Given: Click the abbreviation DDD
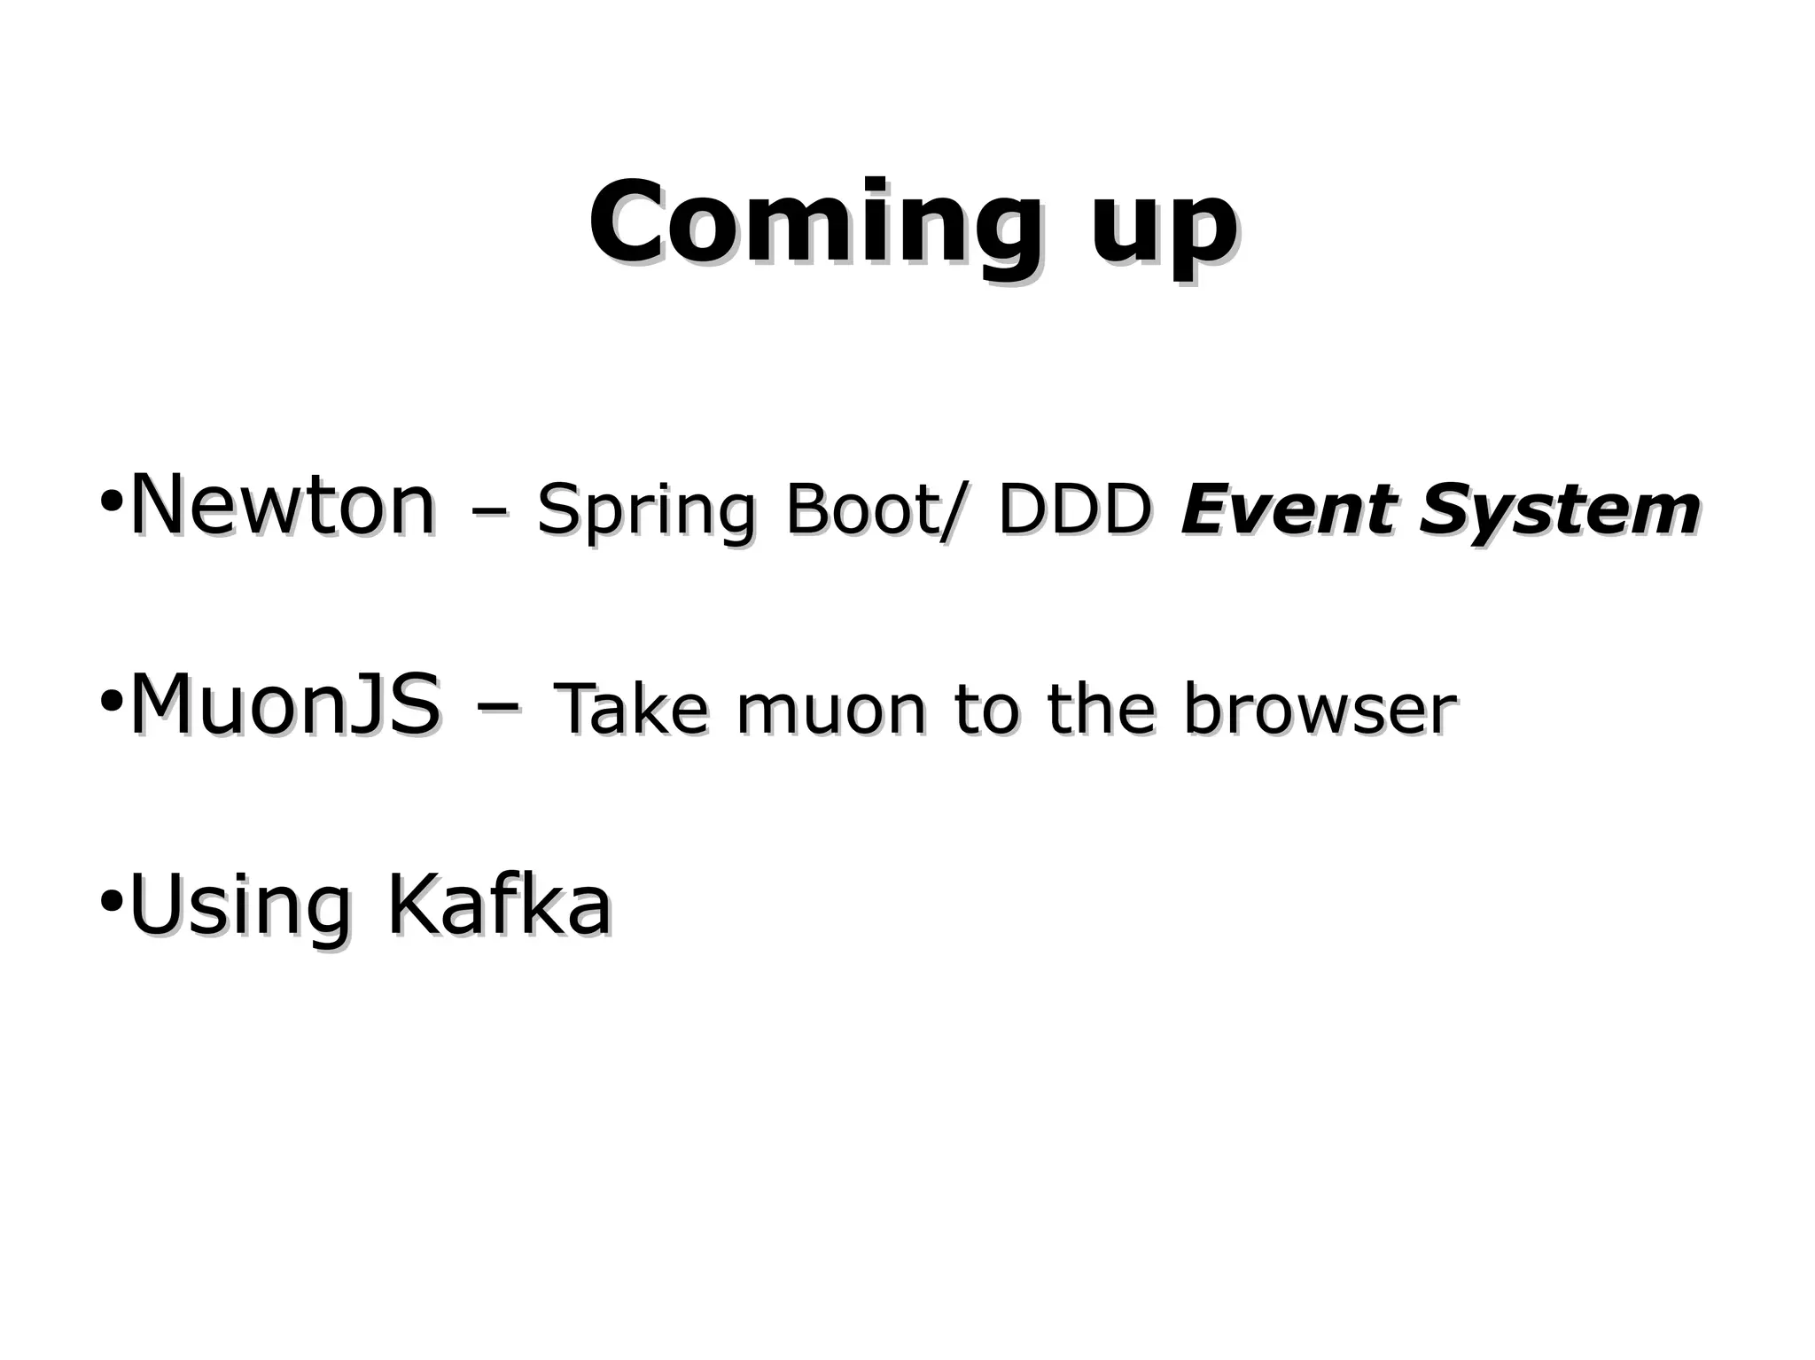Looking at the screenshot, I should (1074, 510).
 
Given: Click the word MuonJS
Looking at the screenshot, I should (284, 706).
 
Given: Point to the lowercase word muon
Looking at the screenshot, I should (830, 711).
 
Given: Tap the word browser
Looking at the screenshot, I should (1320, 710).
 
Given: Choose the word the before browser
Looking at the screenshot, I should (1101, 710).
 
